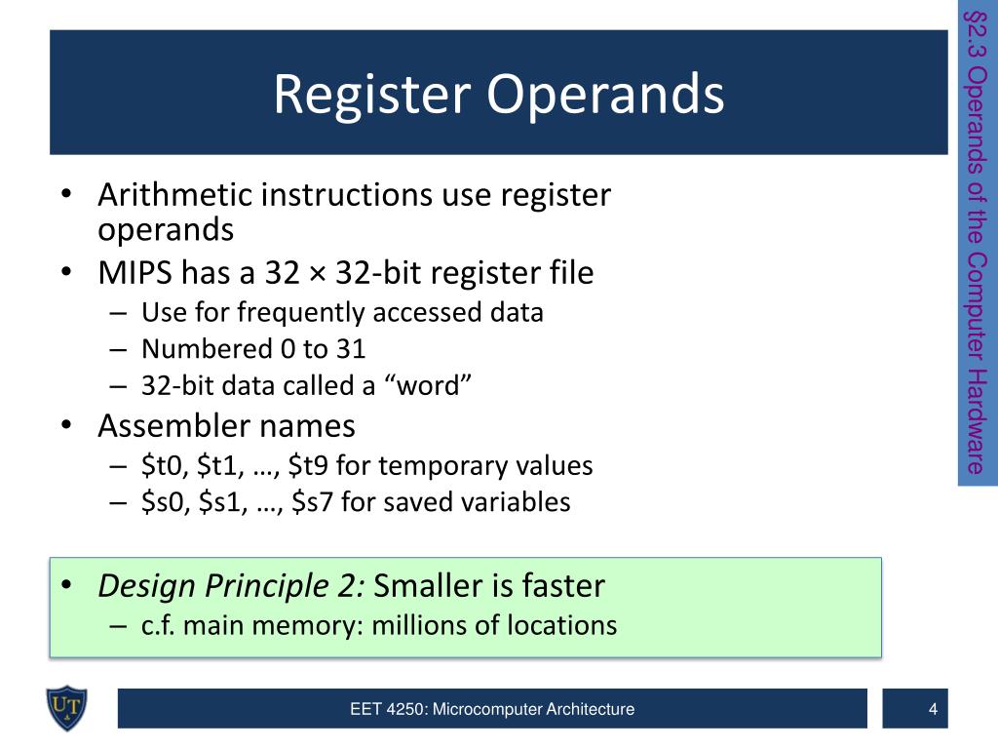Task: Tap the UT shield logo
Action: coord(66,707)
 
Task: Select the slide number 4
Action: coord(933,709)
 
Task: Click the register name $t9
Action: coord(310,465)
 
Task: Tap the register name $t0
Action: coord(162,465)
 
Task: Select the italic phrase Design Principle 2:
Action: coord(231,585)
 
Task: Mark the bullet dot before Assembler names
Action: coord(65,426)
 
